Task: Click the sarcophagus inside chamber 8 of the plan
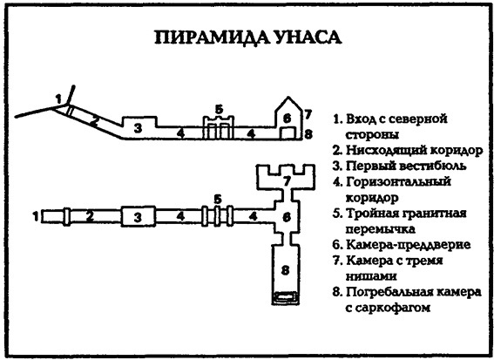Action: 284,298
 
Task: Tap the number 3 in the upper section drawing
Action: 138,128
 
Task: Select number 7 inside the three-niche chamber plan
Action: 284,180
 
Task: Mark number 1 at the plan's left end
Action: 35,214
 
